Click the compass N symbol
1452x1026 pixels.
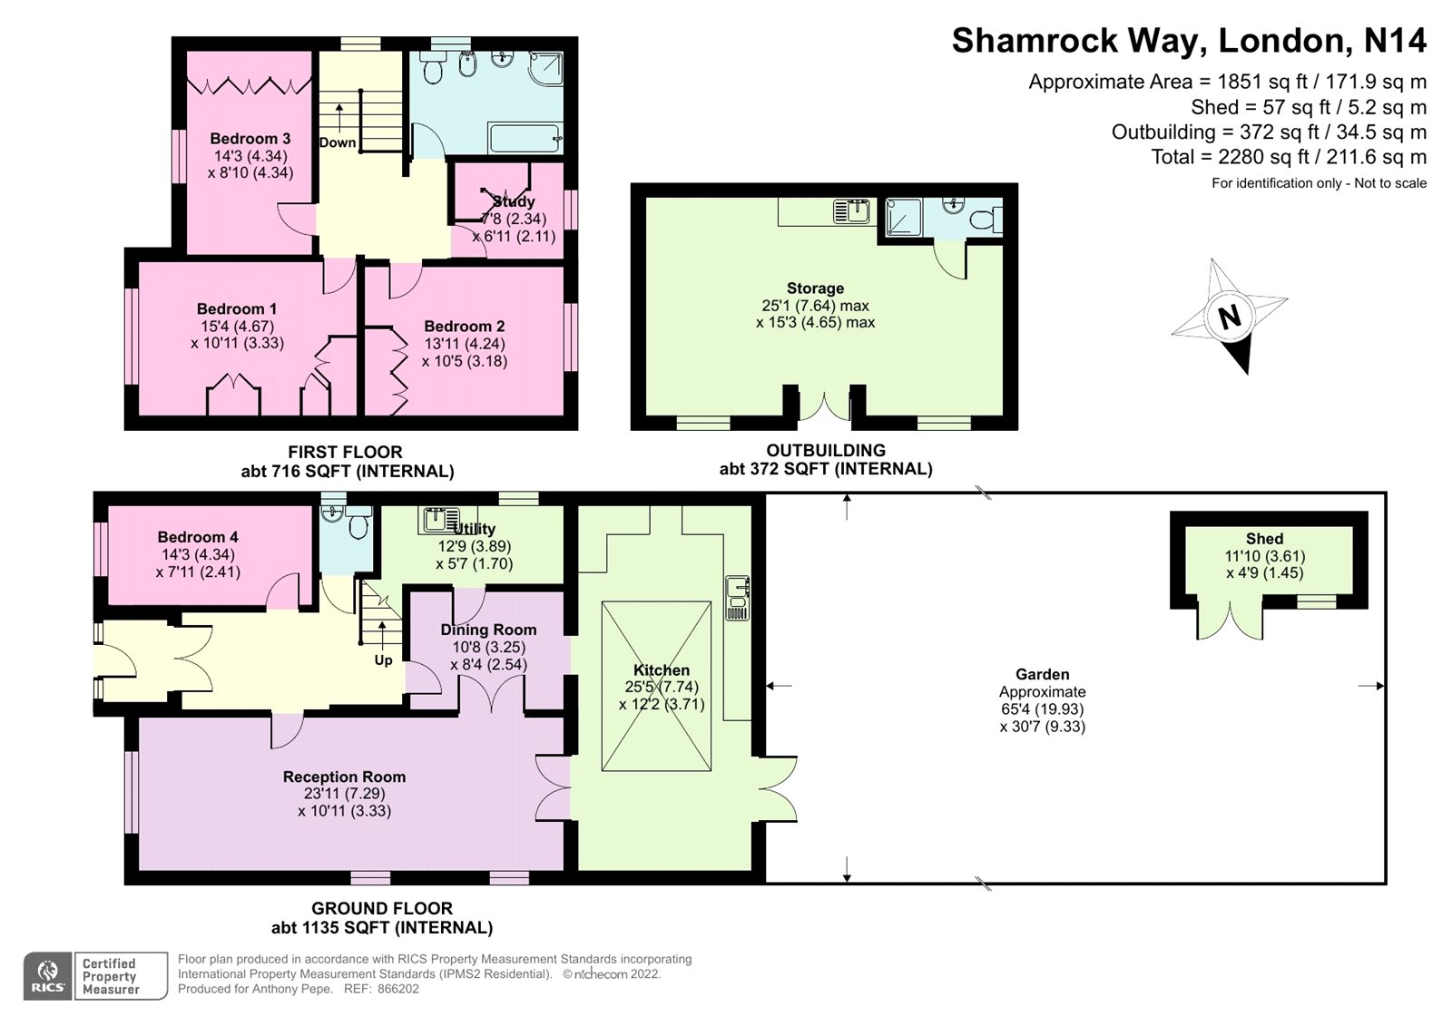(x=1231, y=317)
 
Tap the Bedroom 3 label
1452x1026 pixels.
(x=250, y=139)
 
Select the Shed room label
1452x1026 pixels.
(x=1264, y=539)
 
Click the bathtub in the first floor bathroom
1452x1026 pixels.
(x=525, y=139)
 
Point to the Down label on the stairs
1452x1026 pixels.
(x=338, y=142)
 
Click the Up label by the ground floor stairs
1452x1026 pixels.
(x=383, y=660)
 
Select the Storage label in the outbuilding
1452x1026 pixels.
(x=815, y=288)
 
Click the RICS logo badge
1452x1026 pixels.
(x=47, y=976)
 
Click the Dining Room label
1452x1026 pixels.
(x=488, y=630)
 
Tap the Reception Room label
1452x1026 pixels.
(x=344, y=777)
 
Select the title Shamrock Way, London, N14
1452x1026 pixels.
(x=1188, y=41)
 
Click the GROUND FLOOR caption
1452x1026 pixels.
(x=382, y=908)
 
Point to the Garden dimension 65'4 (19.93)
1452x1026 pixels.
(x=1042, y=709)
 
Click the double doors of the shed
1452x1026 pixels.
(x=1231, y=620)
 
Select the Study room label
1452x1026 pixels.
(x=514, y=201)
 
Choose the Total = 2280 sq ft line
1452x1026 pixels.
(x=1288, y=157)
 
